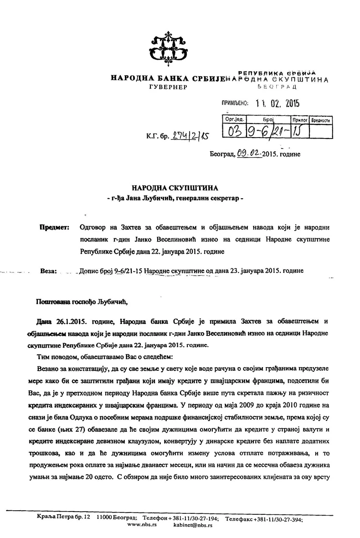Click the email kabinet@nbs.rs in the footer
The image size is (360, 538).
click(x=193, y=525)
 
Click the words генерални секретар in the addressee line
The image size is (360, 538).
click(x=206, y=199)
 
